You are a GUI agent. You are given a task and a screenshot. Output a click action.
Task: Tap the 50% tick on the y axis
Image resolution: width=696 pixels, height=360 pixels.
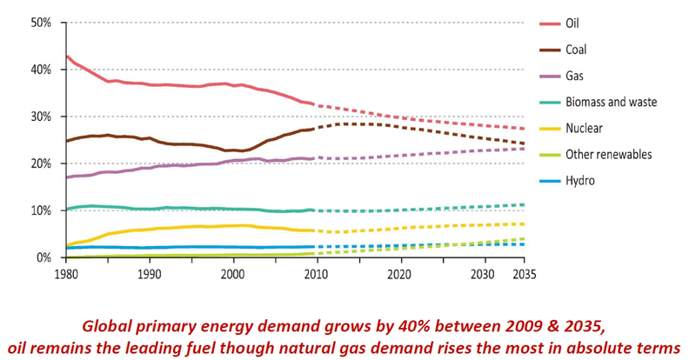pyautogui.click(x=42, y=22)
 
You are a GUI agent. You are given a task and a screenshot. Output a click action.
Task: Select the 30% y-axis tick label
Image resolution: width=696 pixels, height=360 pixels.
pyautogui.click(x=42, y=117)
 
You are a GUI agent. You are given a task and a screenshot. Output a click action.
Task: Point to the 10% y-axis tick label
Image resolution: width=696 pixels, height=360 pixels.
pyautogui.click(x=42, y=210)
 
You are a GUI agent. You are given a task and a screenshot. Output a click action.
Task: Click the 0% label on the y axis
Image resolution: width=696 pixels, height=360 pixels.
pyautogui.click(x=45, y=257)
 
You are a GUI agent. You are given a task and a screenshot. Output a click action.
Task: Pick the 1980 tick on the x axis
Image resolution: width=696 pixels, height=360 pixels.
pyautogui.click(x=67, y=272)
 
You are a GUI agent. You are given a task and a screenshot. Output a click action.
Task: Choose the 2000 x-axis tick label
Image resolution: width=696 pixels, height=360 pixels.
pyautogui.click(x=233, y=272)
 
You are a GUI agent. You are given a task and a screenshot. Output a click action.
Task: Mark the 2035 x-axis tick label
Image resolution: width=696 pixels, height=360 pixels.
pyautogui.click(x=524, y=272)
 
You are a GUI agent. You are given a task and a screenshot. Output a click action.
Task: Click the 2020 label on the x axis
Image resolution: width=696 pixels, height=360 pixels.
pyautogui.click(x=399, y=272)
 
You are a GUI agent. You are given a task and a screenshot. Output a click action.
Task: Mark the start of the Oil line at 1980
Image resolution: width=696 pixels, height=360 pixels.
pyautogui.click(x=67, y=56)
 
